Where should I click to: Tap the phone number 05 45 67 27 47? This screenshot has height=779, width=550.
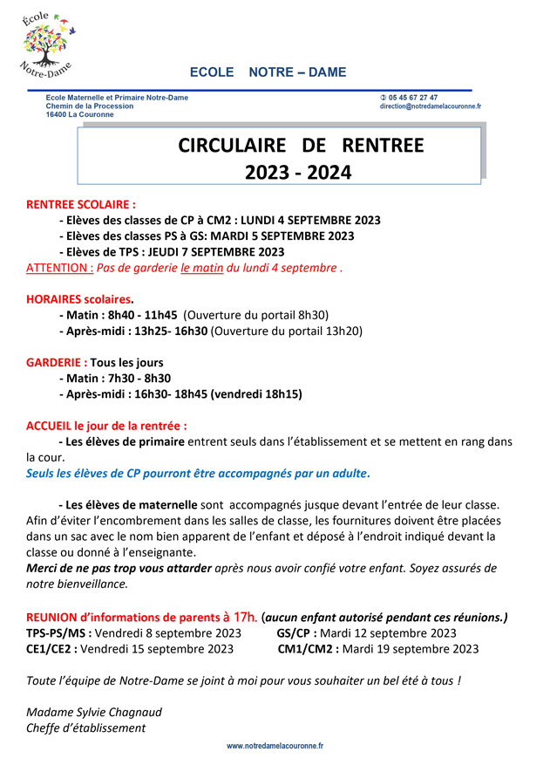click(412, 98)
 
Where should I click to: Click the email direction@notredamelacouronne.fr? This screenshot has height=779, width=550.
click(430, 106)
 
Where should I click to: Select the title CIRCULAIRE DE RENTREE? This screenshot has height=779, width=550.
click(301, 145)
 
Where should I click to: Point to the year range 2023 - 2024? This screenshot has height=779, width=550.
click(298, 173)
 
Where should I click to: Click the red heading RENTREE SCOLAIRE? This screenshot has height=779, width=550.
click(81, 204)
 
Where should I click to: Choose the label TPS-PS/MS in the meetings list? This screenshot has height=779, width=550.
click(58, 632)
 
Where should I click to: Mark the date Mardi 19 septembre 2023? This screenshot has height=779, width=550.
click(411, 648)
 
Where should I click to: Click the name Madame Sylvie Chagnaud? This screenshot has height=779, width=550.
click(94, 711)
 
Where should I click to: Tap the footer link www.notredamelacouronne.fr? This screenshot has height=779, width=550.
click(275, 746)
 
